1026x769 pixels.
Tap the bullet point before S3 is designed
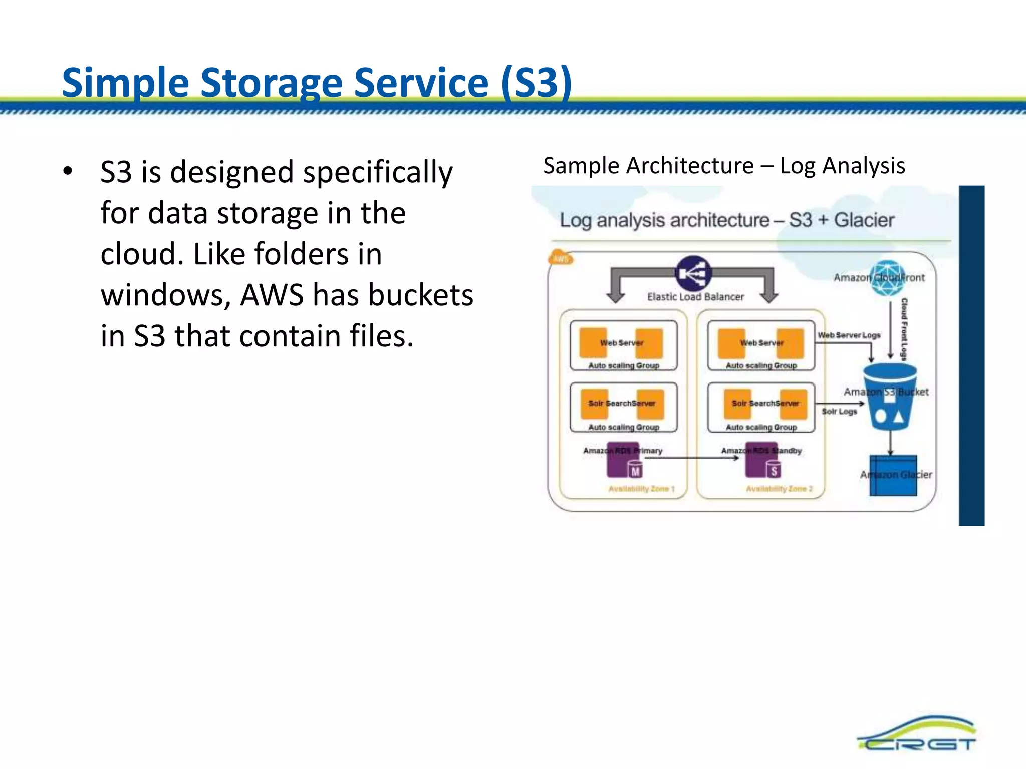(x=68, y=171)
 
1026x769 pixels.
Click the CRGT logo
(x=917, y=734)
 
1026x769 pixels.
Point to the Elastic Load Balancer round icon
(x=693, y=273)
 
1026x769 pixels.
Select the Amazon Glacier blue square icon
(x=893, y=475)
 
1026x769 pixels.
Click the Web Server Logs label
(x=849, y=335)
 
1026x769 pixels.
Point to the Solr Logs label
(x=839, y=411)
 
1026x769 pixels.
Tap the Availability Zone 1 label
(x=641, y=489)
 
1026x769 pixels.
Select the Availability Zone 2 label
(x=779, y=489)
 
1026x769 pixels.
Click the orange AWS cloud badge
(x=561, y=258)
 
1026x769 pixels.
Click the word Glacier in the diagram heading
(x=864, y=220)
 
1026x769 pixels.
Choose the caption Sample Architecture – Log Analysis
(x=724, y=166)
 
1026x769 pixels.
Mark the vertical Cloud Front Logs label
(x=904, y=329)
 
